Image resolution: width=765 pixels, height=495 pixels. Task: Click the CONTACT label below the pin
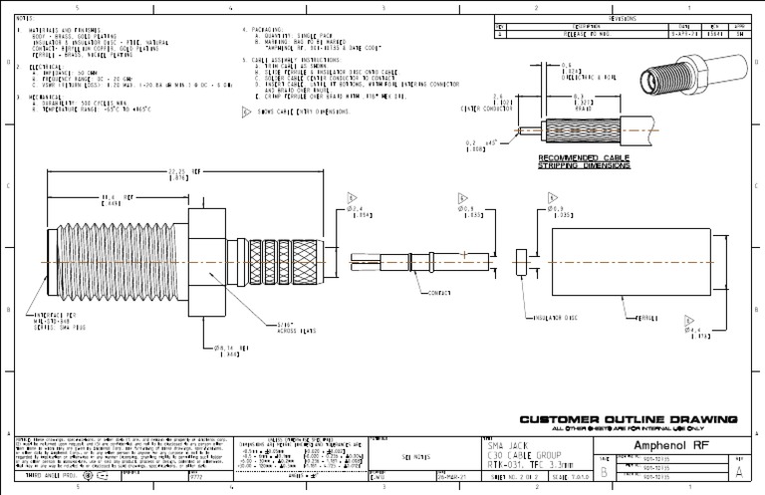point(440,294)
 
